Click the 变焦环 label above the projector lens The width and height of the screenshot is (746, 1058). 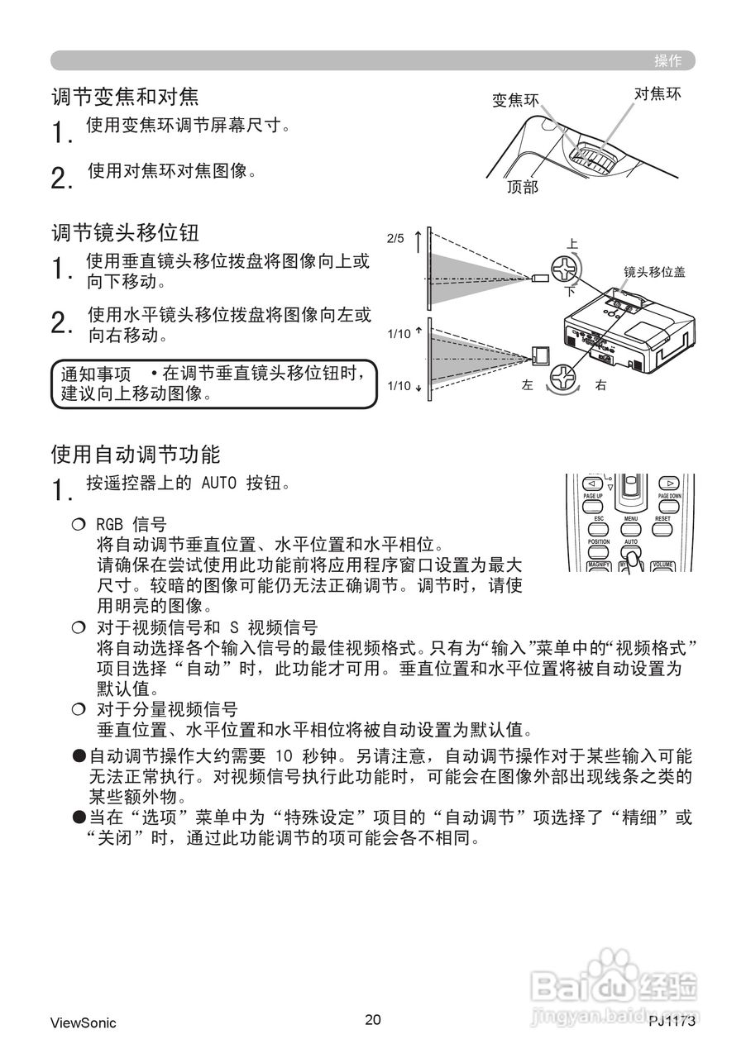click(515, 100)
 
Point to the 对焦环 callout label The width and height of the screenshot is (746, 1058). click(658, 93)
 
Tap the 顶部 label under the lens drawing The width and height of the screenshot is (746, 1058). click(523, 188)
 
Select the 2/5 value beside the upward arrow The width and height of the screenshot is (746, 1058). click(395, 239)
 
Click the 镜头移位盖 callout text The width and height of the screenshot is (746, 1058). click(655, 270)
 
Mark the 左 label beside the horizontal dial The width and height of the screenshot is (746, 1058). click(527, 385)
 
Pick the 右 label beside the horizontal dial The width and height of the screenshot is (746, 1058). click(600, 385)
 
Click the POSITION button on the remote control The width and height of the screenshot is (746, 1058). click(599, 551)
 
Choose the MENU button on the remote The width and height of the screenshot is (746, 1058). click(631, 528)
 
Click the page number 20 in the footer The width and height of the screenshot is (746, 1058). click(373, 1019)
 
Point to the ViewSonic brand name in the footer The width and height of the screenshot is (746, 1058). click(83, 1022)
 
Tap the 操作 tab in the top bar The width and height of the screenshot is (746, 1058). click(668, 60)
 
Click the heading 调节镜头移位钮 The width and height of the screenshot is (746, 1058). click(126, 231)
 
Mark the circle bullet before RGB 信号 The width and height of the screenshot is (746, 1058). click(79, 524)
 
